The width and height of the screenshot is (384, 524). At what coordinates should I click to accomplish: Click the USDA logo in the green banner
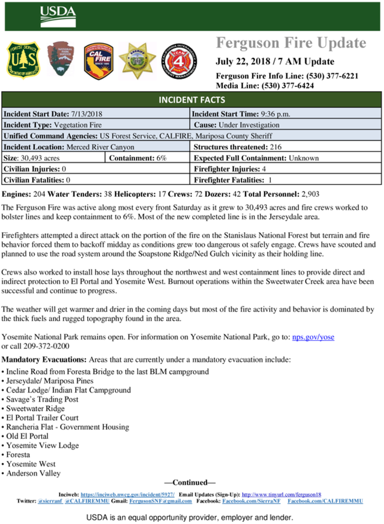[55, 12]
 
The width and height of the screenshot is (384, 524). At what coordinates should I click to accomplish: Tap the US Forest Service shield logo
[23, 60]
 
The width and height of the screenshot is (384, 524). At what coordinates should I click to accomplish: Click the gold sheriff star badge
[137, 60]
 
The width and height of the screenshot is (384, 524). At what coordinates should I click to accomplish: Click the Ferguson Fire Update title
[291, 43]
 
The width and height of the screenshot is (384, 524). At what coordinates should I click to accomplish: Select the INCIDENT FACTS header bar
[191, 100]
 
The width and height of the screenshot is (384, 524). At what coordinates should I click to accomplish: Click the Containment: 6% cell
[147, 158]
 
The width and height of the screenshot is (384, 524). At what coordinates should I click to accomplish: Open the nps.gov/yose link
[313, 337]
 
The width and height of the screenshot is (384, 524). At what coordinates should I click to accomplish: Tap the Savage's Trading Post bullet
[42, 399]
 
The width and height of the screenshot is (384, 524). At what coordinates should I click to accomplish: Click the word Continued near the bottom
[190, 483]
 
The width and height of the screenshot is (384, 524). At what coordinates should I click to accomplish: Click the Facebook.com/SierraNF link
[252, 501]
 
